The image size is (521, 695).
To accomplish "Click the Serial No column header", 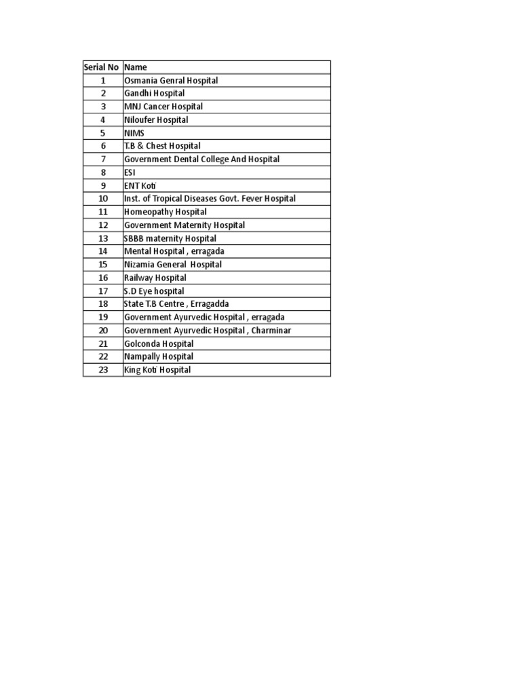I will tap(102, 67).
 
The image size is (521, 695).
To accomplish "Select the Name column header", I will tap(136, 67).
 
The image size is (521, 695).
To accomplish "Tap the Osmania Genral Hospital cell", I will tap(171, 80).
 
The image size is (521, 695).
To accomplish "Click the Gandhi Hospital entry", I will tap(154, 94).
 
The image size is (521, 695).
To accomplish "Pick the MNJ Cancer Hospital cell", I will tap(163, 107).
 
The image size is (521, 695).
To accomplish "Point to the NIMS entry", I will tap(134, 133).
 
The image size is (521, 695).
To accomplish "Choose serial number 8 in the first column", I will tap(103, 172).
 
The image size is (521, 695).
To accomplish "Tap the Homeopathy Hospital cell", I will tap(166, 212).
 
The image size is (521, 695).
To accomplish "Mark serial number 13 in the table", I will tap(103, 238).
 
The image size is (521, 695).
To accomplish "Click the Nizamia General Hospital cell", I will tap(173, 265).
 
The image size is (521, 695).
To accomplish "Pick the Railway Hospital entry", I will tap(155, 278).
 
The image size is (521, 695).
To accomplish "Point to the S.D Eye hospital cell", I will tap(154, 291).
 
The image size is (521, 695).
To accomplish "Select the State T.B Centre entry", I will tap(176, 304).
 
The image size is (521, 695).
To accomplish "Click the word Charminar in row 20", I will tap(271, 331).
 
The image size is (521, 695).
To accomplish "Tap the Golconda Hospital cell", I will tap(159, 343).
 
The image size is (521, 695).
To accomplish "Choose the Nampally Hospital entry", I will tap(159, 356).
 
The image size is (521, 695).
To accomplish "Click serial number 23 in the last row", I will tap(103, 370).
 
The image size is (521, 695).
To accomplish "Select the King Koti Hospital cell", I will tap(157, 370).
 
